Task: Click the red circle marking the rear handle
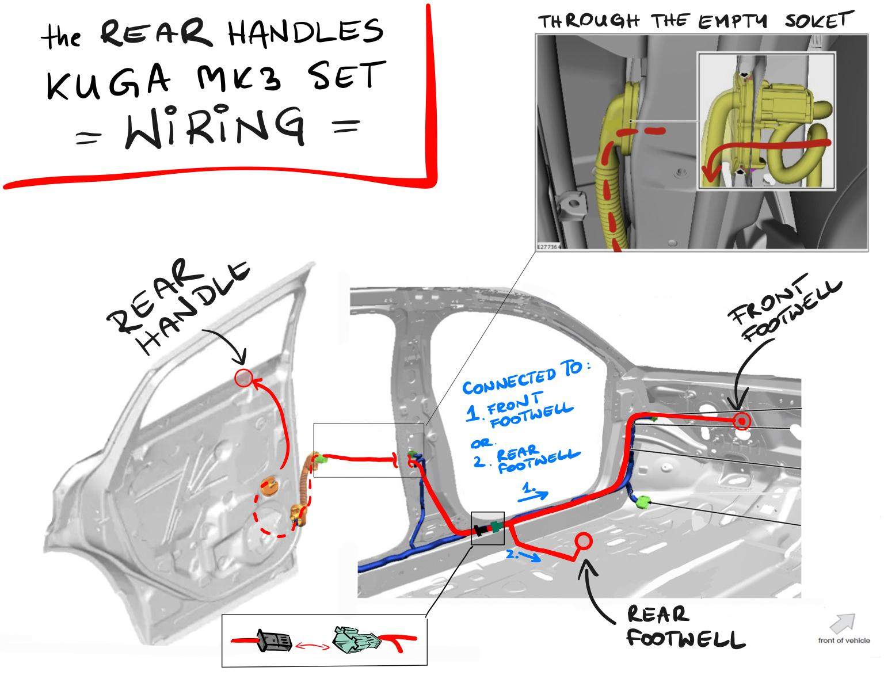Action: click(x=243, y=378)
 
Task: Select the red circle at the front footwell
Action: click(x=742, y=422)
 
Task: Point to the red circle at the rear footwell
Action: click(x=583, y=541)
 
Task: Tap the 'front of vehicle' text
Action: click(x=844, y=640)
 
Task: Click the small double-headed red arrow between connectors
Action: click(x=313, y=645)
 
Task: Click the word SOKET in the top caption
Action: click(x=817, y=21)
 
